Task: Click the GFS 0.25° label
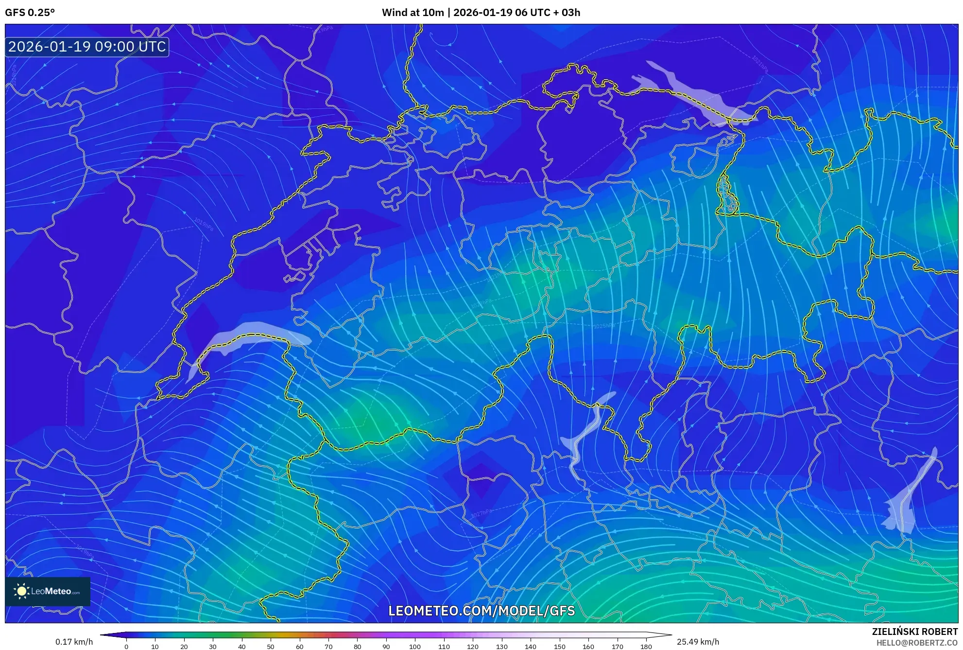click(x=30, y=13)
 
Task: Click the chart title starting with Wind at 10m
click(x=481, y=13)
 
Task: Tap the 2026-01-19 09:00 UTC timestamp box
click(x=87, y=47)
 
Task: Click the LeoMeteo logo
click(x=48, y=591)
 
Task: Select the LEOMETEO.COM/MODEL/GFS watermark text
click(x=481, y=611)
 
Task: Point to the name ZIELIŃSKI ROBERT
click(x=914, y=632)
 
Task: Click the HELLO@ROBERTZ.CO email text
click(x=917, y=643)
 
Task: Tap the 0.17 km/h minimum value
click(x=74, y=642)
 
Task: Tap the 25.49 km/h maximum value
click(x=698, y=642)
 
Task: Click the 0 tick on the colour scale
click(x=126, y=647)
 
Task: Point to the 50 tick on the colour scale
click(x=271, y=647)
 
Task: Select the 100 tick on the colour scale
click(x=414, y=647)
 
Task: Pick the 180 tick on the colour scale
click(x=646, y=647)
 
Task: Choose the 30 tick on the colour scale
click(x=213, y=647)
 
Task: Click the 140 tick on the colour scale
click(x=530, y=647)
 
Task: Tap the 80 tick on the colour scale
click(x=357, y=647)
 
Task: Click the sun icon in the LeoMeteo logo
click(x=21, y=591)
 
